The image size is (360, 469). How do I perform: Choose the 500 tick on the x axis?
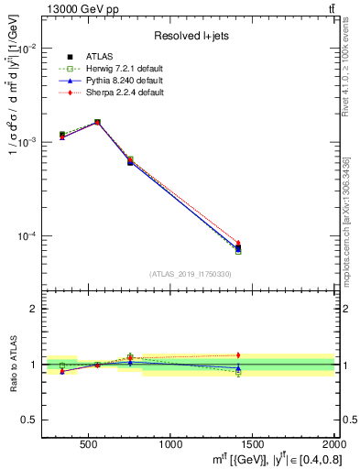pos(89,445)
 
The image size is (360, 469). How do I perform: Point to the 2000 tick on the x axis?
pos(330,445)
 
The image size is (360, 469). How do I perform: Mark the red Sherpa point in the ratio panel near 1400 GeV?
pos(238,354)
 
